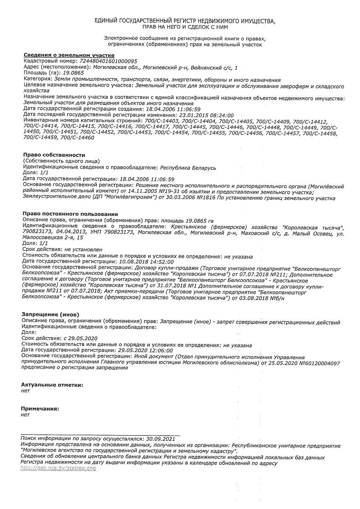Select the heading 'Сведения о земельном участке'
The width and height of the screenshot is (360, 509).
click(69, 55)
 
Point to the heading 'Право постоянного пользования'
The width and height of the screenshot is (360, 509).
click(70, 214)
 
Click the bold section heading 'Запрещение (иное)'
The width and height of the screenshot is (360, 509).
click(50, 314)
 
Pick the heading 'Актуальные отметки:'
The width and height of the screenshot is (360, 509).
click(52, 385)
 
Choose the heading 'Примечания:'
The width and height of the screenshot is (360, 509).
click(40, 408)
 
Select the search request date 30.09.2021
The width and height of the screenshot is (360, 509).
click(160, 439)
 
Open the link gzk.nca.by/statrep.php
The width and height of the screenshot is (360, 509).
click(59, 468)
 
